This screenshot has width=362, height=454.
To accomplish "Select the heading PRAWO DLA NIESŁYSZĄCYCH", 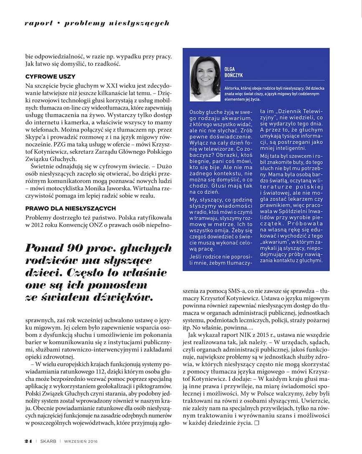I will (70, 208).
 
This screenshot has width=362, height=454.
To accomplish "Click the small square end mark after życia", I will (257, 424).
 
